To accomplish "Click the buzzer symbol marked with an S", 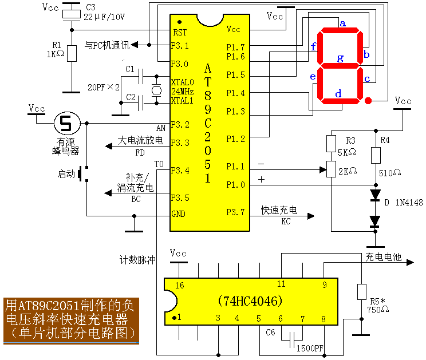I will tap(68, 122).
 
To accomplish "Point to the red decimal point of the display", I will tap(368, 101).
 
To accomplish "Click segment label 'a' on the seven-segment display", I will tap(343, 23).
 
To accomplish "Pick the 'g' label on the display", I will tap(340, 57).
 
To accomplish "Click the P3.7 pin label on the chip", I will tap(235, 212).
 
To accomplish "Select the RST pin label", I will tap(180, 33).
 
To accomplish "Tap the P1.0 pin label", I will tap(235, 185).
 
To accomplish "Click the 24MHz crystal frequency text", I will tap(183, 92).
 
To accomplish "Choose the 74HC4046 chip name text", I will tap(251, 300).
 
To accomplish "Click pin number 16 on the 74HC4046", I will tap(180, 285).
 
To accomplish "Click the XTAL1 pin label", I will tap(183, 101).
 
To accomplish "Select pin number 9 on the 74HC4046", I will tap(324, 284).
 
